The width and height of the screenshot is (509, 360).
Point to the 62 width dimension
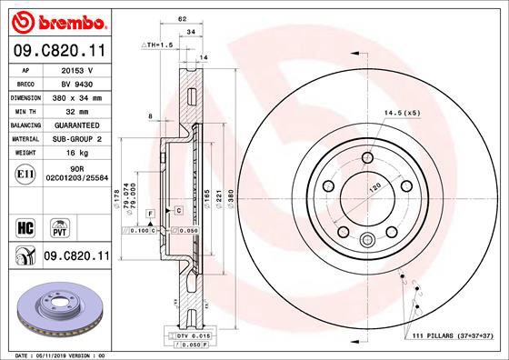(x=182, y=17)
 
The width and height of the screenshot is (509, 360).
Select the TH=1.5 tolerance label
(x=157, y=45)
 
